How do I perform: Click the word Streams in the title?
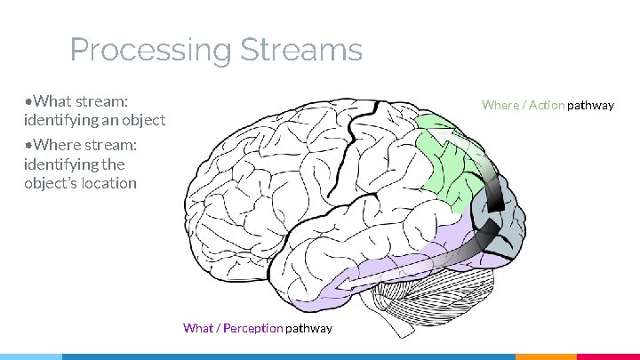(x=302, y=50)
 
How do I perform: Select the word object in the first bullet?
(x=142, y=119)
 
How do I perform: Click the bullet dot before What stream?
(x=29, y=100)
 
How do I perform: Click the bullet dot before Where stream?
(x=29, y=145)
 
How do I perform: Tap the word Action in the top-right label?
(x=547, y=105)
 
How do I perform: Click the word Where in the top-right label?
(x=500, y=105)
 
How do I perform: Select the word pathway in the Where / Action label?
(x=591, y=105)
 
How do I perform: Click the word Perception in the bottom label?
(x=252, y=328)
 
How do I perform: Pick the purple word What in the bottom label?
(x=198, y=328)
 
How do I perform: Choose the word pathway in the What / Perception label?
(x=308, y=328)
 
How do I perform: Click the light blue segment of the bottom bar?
(x=30, y=356)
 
